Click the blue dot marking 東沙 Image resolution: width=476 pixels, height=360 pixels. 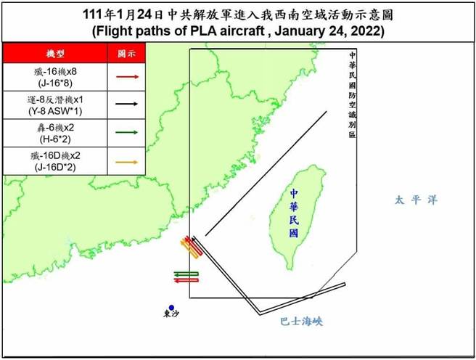pos(172,308)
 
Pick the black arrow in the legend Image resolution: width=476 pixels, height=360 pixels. pos(127,104)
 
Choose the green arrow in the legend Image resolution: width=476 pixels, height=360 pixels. pos(127,133)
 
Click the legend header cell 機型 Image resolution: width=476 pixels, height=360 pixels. pos(55,54)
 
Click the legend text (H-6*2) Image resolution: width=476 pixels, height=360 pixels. pos(55,139)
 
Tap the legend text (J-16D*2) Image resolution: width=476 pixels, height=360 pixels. pos(55,168)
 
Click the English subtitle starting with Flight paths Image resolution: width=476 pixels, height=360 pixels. pos(237,32)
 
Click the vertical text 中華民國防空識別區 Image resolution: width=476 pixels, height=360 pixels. pos(352,99)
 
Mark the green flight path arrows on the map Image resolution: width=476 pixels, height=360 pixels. pos(186,277)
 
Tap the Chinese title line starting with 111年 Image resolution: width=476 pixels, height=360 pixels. pos(237,15)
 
